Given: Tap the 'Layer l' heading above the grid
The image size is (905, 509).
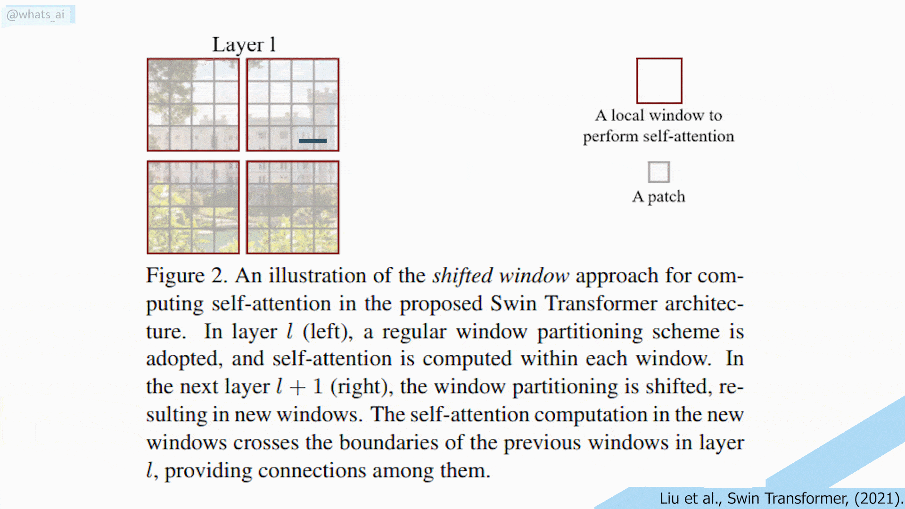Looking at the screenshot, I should pos(244,45).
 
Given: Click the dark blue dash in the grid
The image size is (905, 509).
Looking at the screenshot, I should pos(313,141).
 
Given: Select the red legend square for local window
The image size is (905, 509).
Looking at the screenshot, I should pos(659,81).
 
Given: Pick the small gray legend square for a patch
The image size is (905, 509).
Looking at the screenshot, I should pos(658,172).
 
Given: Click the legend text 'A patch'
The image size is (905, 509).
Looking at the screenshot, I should pos(658,197).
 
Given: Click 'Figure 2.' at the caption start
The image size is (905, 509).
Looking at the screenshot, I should pos(187,276).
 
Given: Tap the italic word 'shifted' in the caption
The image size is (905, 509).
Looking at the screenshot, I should pos(462,276).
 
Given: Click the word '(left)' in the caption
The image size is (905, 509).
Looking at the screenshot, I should pos(328,332).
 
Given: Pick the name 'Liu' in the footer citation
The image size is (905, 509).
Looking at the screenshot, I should pos(669,498).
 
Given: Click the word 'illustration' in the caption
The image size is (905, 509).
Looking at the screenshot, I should pos(317,276).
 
